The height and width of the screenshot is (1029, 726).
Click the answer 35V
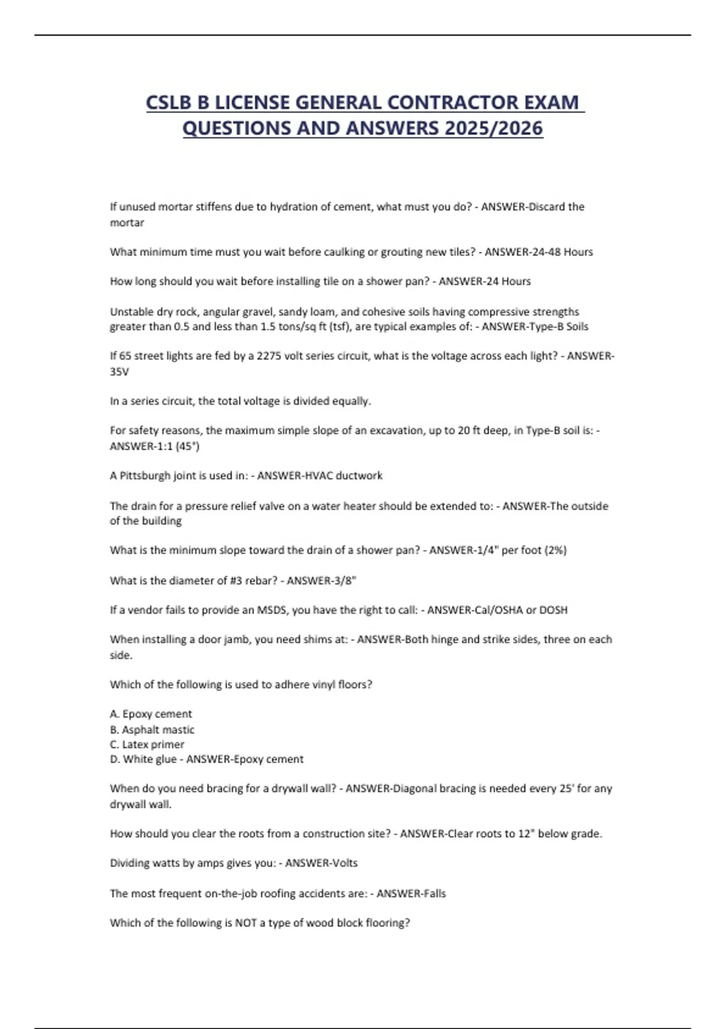coord(119,372)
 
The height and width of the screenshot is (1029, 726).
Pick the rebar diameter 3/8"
coord(345,580)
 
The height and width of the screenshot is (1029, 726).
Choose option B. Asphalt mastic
coord(152,729)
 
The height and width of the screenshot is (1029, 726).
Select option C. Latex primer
coord(147,745)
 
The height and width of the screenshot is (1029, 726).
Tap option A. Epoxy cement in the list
coord(151,714)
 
